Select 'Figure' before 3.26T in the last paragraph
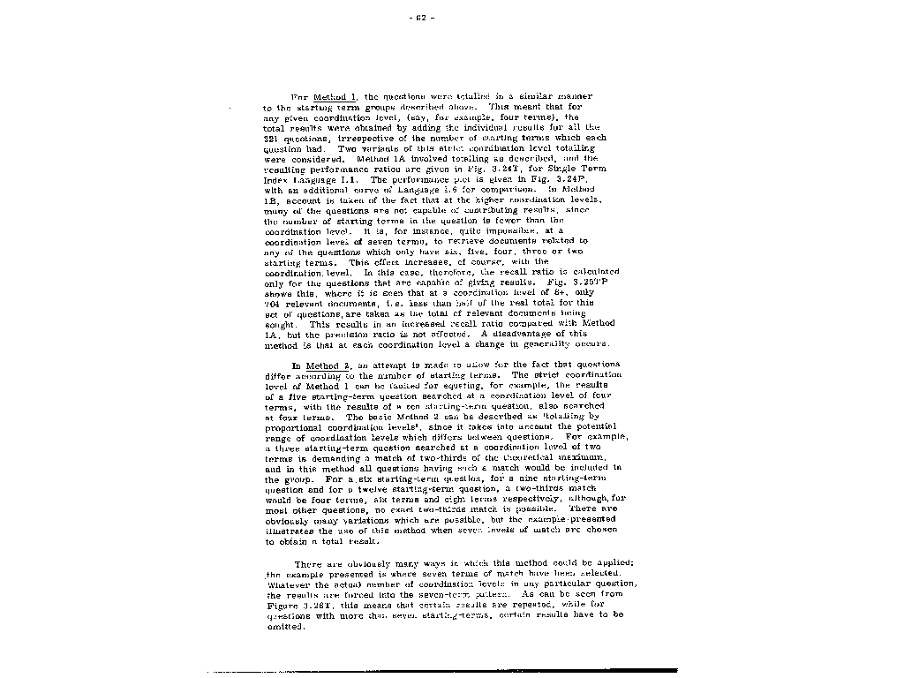(282, 606)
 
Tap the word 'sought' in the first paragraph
(280, 324)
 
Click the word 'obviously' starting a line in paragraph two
(287, 520)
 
